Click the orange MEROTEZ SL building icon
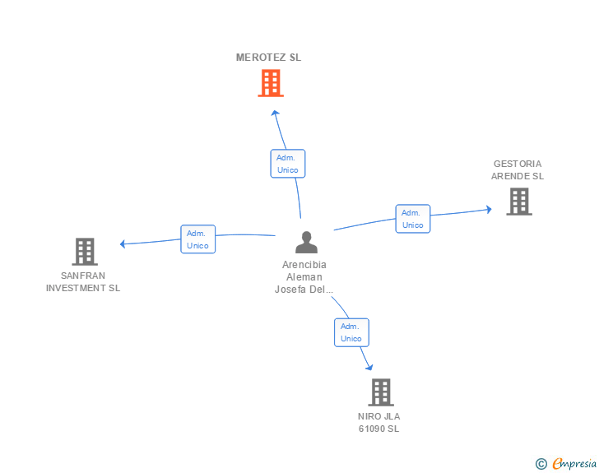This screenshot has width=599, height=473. tap(271, 83)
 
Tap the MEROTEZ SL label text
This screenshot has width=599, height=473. tap(268, 58)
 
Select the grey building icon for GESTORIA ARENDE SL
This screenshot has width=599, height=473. tap(519, 202)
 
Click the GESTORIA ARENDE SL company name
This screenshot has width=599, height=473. tap(518, 170)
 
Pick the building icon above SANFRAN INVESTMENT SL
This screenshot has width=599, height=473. tap(85, 252)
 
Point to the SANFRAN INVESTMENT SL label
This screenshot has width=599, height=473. tap(83, 282)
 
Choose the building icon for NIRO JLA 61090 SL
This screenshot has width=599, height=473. tap(381, 392)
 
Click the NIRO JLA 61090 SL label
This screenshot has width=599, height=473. tap(379, 423)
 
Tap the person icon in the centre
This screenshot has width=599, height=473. tap(306, 242)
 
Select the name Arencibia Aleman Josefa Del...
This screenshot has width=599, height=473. tap(304, 277)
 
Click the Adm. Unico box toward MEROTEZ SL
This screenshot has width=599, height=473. tap(288, 164)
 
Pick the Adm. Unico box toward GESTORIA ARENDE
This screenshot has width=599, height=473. tap(412, 219)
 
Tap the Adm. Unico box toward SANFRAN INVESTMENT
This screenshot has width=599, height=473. tap(197, 239)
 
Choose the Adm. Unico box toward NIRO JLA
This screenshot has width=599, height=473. tap(351, 332)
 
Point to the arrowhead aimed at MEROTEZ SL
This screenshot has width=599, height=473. tap(275, 113)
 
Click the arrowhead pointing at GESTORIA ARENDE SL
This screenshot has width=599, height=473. tap(489, 210)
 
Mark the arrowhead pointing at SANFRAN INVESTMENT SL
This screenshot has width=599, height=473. tap(123, 243)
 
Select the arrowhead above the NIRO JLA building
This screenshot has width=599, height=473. tap(369, 367)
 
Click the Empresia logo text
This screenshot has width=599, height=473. tap(574, 463)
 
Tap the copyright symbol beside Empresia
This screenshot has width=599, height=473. tap(541, 464)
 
